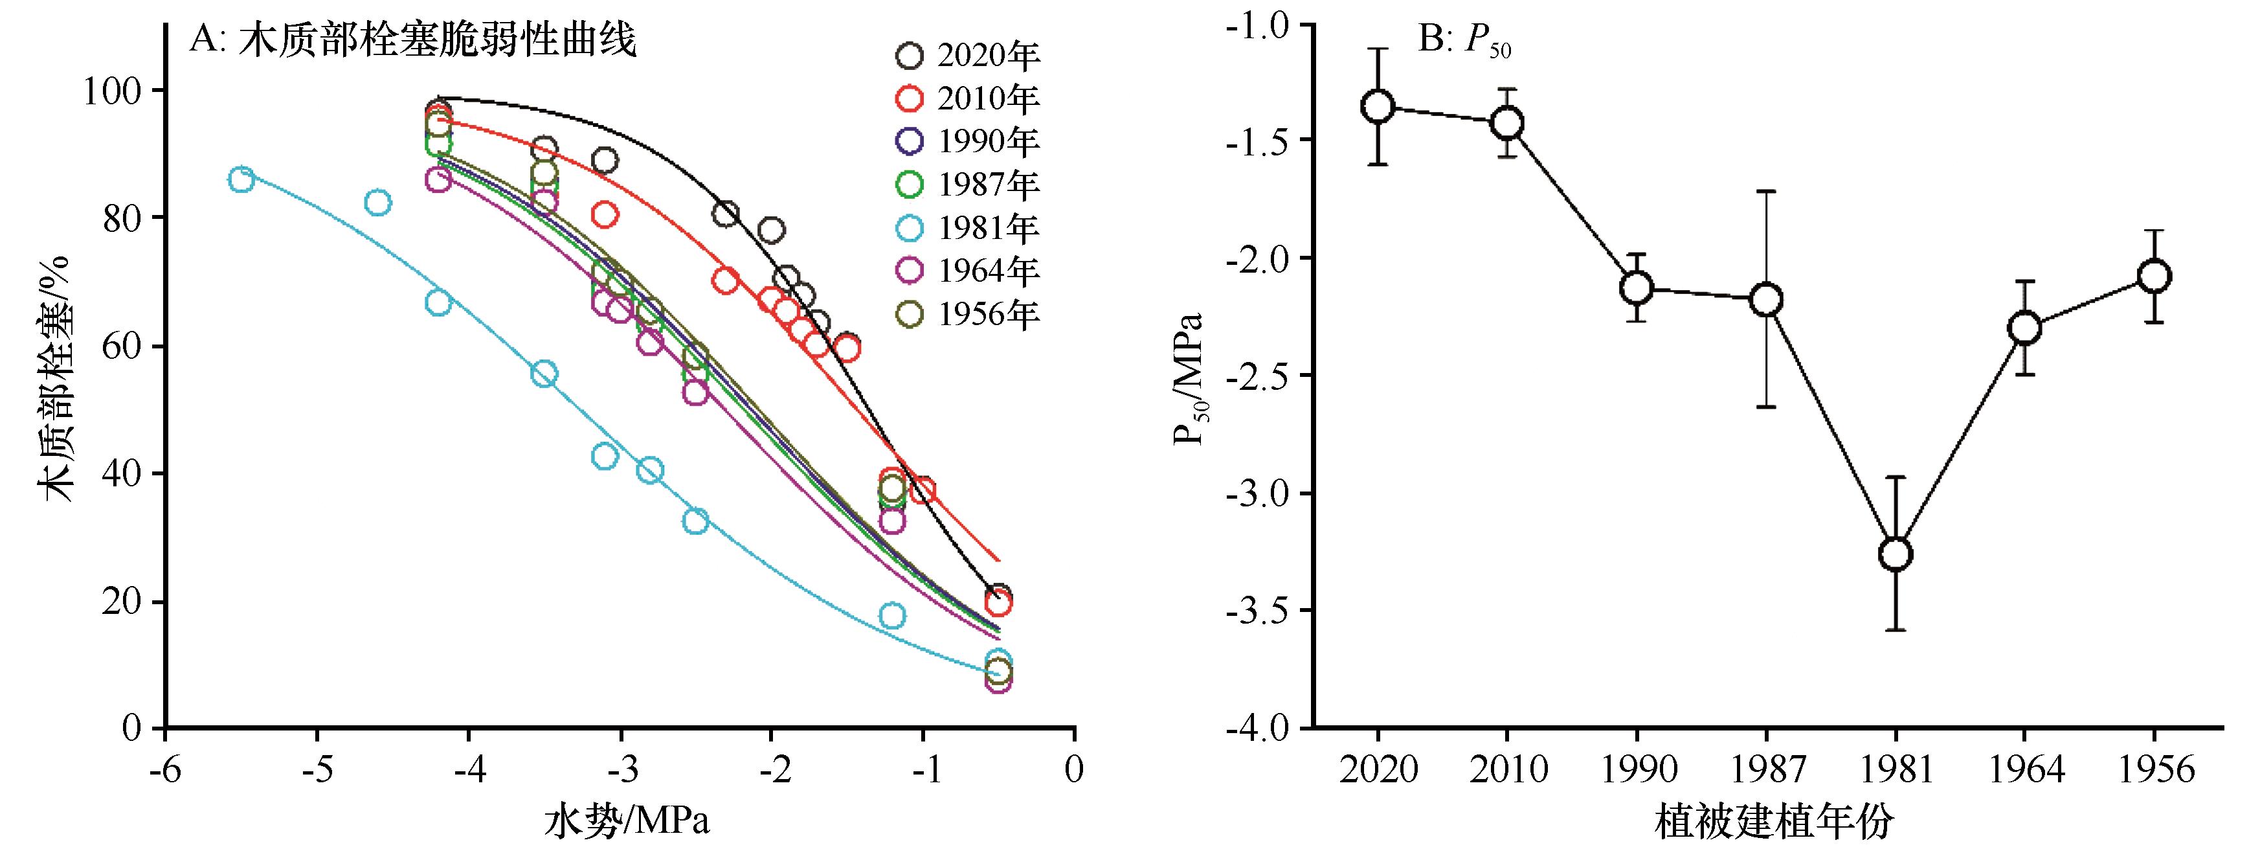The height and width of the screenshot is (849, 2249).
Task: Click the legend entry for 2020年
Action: coord(967,56)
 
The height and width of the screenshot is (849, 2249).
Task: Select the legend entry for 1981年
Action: coord(967,228)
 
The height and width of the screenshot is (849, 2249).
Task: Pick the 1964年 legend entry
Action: coord(967,271)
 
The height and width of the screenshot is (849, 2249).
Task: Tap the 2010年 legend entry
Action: coord(967,98)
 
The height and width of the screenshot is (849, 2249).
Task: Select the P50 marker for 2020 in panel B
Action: coord(1378,107)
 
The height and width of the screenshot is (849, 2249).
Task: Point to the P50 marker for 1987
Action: coord(1766,300)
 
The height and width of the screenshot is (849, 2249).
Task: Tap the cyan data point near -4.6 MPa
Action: coord(377,203)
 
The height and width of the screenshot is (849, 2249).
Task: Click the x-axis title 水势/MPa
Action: coord(627,821)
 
